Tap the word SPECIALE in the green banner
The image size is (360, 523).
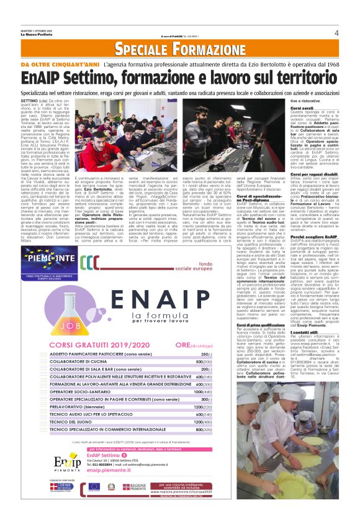point(138,49)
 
